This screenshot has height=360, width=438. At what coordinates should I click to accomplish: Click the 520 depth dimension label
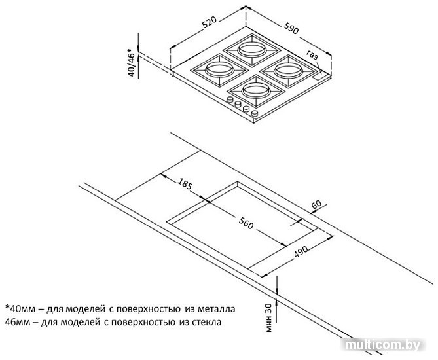(x=210, y=23)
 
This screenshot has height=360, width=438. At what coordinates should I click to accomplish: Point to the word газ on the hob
(x=312, y=55)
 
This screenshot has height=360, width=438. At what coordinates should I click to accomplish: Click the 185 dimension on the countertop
(x=185, y=183)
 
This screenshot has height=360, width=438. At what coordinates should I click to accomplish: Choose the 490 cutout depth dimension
(x=301, y=252)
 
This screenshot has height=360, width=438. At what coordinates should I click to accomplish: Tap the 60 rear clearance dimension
(x=316, y=204)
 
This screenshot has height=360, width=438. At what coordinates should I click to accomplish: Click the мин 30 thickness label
(x=268, y=317)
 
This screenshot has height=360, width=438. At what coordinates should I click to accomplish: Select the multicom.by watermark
(x=383, y=345)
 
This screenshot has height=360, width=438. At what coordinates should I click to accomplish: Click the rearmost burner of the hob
(x=251, y=50)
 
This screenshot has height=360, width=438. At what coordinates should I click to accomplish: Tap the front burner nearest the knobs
(x=256, y=90)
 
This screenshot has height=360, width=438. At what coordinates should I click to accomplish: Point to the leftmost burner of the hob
(x=219, y=69)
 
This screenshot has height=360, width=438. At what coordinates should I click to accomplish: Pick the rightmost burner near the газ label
(x=288, y=70)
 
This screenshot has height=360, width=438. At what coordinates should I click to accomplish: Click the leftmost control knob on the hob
(x=230, y=99)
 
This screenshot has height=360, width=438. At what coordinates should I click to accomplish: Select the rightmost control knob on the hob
(x=255, y=113)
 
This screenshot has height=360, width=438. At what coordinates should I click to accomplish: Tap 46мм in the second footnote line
(x=17, y=322)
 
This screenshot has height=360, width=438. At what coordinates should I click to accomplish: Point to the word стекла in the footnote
(x=206, y=322)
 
